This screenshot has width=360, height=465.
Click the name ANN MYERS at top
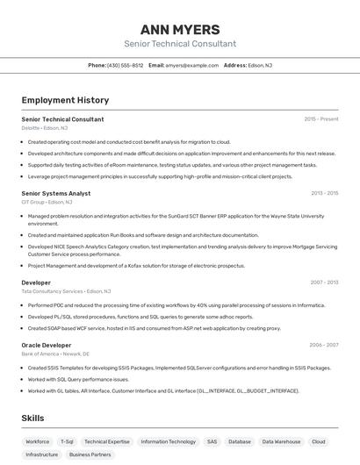tap(180, 29)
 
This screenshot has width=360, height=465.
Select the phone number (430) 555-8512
tap(125, 65)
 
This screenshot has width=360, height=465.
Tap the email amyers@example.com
tap(192, 65)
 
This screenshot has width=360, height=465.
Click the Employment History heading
tap(65, 100)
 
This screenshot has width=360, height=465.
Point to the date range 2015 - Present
tap(320, 118)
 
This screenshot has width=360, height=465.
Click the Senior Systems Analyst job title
tap(56, 192)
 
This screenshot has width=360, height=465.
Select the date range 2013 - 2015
tap(324, 192)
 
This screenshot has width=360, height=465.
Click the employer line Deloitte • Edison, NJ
tap(46, 127)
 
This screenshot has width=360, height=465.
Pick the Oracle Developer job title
tap(47, 345)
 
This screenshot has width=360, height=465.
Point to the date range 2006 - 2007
tap(324, 345)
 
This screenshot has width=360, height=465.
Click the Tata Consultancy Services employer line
tap(66, 290)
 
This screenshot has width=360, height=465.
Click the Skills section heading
tap(33, 418)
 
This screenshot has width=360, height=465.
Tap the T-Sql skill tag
tap(68, 441)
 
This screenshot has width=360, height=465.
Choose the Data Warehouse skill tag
tap(281, 441)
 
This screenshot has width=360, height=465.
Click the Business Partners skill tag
tap(90, 454)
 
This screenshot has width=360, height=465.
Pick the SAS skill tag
tap(212, 441)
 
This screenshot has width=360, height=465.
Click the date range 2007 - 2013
tap(324, 283)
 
